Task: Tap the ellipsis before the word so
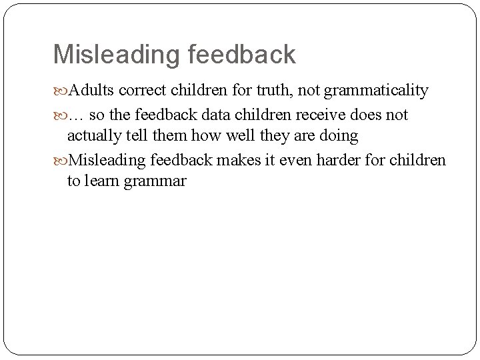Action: (77, 115)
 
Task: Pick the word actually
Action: (92, 136)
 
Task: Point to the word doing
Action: (339, 136)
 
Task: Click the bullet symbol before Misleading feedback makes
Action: (61, 160)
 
